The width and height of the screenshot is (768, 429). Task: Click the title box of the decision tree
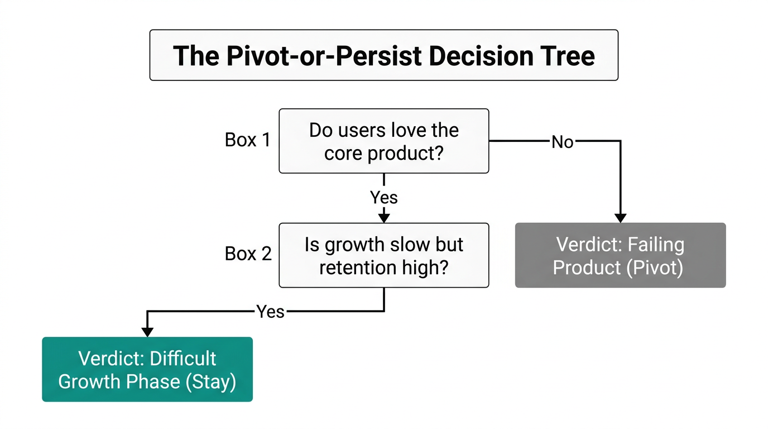(383, 55)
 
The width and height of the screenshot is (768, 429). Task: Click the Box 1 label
(247, 140)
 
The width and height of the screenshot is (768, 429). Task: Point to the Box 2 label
(248, 254)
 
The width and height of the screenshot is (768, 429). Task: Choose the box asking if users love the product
(383, 141)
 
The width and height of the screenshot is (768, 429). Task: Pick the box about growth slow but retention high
(383, 255)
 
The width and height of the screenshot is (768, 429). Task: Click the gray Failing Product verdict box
(620, 255)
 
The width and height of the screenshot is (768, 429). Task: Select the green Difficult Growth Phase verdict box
(147, 369)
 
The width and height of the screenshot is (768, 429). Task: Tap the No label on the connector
(562, 142)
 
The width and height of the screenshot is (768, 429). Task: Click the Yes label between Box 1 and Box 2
(384, 197)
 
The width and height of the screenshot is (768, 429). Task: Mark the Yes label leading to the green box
(271, 311)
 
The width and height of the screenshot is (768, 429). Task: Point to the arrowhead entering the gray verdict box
(620, 218)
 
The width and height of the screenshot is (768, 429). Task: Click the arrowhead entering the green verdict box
(147, 332)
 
